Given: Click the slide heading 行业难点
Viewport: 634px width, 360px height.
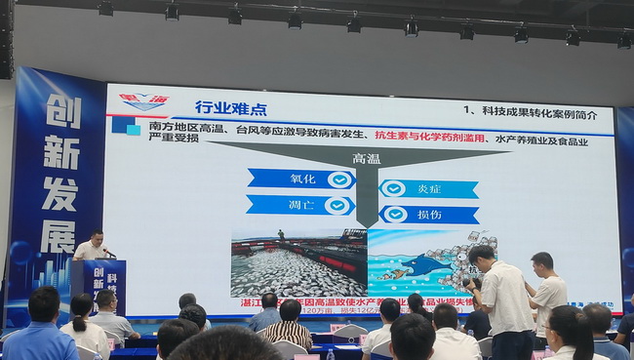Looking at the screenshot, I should [231, 107].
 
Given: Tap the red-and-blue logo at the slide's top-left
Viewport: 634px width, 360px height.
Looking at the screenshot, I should [142, 101].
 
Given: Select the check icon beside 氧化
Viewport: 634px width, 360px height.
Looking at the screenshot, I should [337, 180].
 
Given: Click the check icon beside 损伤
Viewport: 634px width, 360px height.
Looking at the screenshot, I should [393, 214].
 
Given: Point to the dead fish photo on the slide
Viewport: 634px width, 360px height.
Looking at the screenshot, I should [297, 262].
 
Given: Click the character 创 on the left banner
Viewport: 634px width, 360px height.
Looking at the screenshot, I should [64, 112].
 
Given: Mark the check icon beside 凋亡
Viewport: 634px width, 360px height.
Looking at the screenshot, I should [337, 205].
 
